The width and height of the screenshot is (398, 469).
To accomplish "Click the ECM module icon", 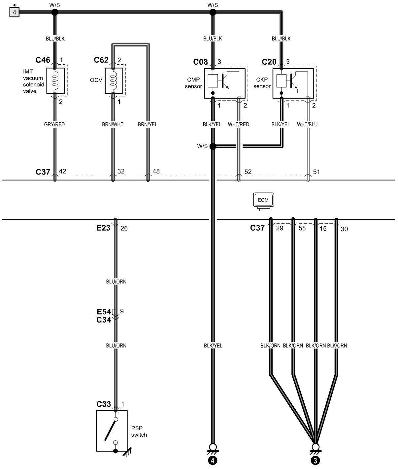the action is click(263, 202).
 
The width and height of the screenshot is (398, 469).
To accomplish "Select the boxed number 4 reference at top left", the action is click(14, 12).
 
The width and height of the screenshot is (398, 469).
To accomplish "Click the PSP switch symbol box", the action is click(112, 431).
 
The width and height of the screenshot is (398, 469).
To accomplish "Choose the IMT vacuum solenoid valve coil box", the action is click(55, 80).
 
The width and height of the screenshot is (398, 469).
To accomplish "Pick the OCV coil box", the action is click(114, 80).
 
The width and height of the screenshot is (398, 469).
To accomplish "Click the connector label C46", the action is click(43, 60).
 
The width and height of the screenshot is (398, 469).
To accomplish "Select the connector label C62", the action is click(101, 60).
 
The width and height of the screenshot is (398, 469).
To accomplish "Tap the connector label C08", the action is click(200, 62).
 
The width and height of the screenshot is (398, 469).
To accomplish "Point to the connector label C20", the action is click(269, 62).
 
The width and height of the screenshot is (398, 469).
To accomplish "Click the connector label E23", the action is click(103, 228).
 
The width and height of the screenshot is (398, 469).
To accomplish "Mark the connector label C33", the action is click(104, 404).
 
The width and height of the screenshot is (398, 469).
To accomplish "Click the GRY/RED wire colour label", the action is click(54, 124).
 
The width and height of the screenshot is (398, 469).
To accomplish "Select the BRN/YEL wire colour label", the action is click(148, 124).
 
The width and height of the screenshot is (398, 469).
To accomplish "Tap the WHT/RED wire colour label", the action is click(238, 124).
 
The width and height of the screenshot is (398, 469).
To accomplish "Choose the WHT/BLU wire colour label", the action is click(307, 124).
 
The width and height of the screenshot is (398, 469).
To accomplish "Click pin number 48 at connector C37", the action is click(156, 171).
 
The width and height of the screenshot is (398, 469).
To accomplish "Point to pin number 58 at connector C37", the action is click(302, 228).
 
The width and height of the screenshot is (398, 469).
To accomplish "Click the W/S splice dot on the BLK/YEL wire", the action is click(213, 146).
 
